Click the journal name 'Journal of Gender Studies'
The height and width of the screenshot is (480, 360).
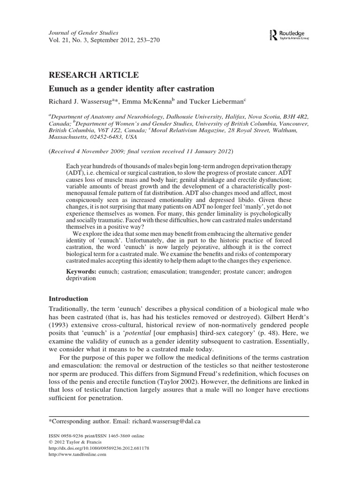77,32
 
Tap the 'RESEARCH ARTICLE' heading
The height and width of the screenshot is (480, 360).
94,75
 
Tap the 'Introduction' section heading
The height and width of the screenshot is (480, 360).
69,298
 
